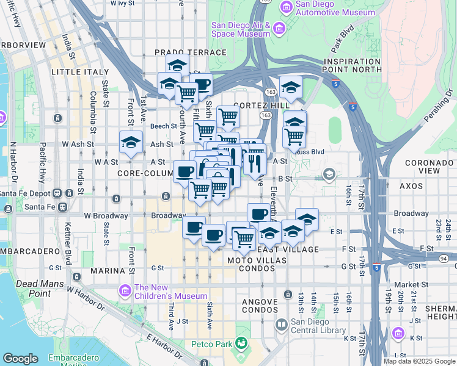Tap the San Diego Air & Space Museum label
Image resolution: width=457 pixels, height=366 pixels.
point(240,29)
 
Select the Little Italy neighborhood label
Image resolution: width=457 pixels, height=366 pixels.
point(75,72)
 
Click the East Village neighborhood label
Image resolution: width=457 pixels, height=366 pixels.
point(288,249)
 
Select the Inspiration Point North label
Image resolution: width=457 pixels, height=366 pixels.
point(367,66)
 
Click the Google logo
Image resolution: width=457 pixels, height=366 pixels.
point(21,359)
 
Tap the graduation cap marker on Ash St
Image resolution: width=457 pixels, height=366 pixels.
point(130,143)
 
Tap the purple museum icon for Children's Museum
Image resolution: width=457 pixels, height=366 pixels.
point(126,288)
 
